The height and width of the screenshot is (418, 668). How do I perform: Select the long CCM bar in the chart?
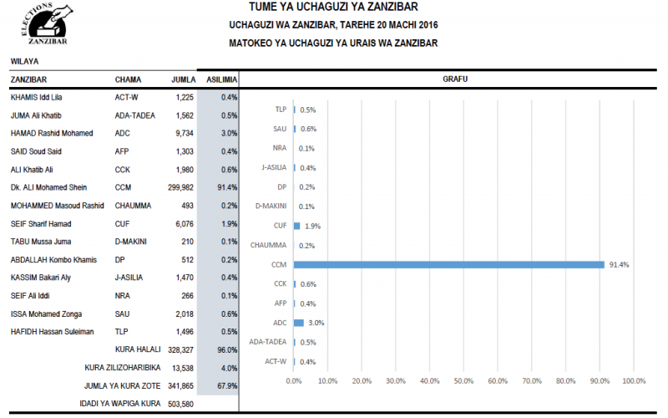[448, 265]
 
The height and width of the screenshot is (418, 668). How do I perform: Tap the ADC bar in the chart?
[298, 322]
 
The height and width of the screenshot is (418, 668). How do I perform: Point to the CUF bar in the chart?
[296, 226]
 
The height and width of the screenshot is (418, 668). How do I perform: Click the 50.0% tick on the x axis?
[463, 381]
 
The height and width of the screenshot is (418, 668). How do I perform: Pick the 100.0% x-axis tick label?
[634, 381]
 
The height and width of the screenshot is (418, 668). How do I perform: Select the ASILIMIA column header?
[221, 80]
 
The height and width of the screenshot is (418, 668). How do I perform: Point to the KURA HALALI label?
[138, 349]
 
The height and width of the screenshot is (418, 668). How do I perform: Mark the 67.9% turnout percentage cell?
[226, 385]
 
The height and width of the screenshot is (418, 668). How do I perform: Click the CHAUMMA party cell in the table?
[134, 206]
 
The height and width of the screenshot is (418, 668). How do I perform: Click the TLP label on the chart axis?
[281, 110]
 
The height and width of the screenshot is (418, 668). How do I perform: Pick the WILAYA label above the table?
[24, 61]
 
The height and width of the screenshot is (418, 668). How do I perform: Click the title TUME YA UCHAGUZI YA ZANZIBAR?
[333, 8]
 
